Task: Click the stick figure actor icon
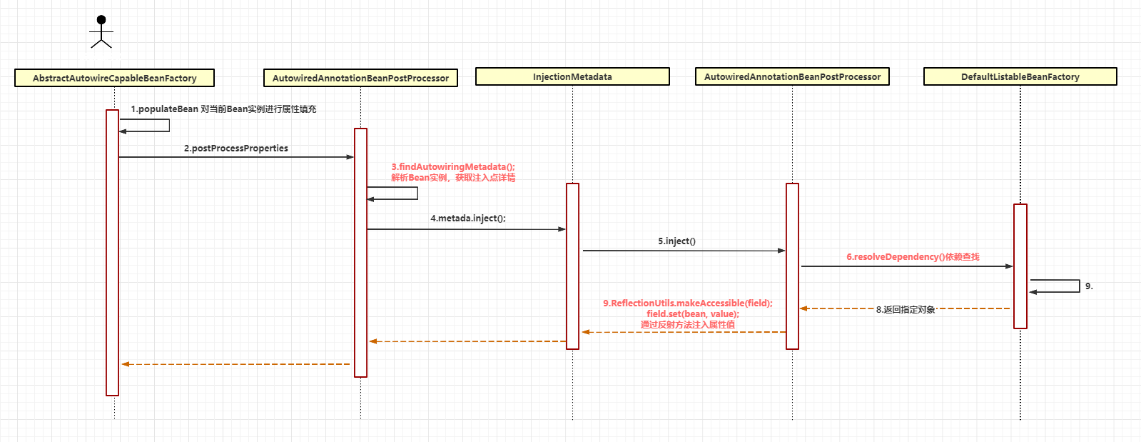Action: click(x=101, y=31)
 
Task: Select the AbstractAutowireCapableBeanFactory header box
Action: click(x=115, y=78)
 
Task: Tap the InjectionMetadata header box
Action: click(x=572, y=76)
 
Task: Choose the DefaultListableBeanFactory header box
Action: click(x=1020, y=76)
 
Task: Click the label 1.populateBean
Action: click(x=165, y=109)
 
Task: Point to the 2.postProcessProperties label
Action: click(x=236, y=149)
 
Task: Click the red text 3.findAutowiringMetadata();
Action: click(x=453, y=166)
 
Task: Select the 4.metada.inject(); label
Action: click(x=468, y=219)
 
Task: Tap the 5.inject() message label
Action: click(x=676, y=241)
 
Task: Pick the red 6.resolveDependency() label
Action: click(x=896, y=257)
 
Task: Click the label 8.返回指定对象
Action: click(x=906, y=309)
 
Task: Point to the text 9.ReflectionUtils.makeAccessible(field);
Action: click(x=688, y=303)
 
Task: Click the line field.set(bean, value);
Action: click(x=693, y=314)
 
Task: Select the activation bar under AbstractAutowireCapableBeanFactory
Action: click(x=112, y=252)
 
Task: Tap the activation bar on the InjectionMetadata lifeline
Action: click(x=572, y=266)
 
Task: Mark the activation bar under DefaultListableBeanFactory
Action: click(x=1020, y=266)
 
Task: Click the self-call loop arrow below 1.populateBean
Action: click(x=169, y=126)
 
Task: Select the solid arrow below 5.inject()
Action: click(x=684, y=251)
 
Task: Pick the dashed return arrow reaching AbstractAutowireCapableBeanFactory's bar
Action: click(x=236, y=364)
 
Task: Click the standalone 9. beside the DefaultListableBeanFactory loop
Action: click(x=1089, y=286)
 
